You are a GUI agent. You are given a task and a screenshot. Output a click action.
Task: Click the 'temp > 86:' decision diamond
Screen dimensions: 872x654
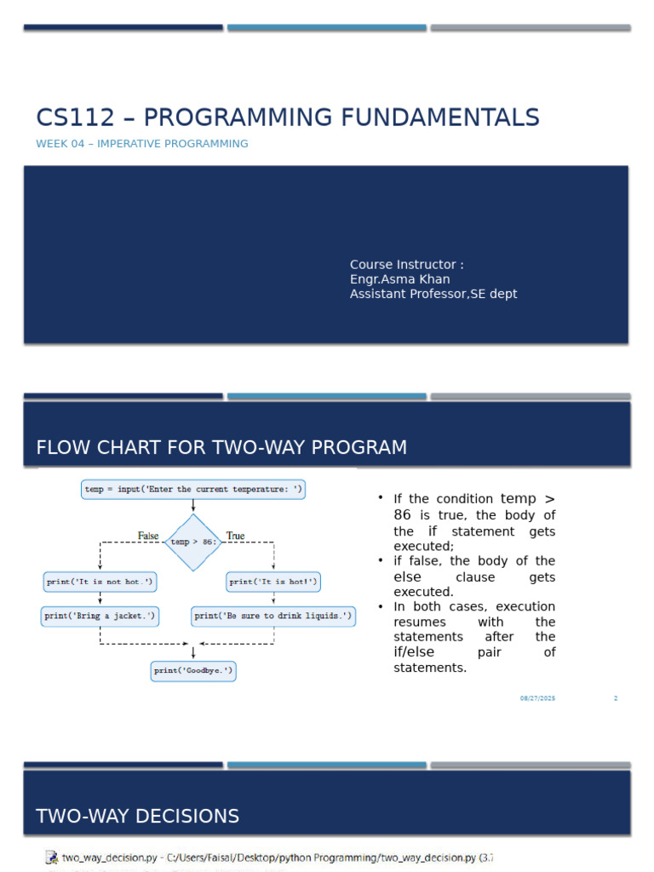(x=193, y=542)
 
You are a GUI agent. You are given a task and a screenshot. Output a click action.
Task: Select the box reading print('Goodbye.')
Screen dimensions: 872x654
(x=193, y=671)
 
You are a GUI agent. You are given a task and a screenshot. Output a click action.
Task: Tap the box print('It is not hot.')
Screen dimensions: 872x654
(x=100, y=582)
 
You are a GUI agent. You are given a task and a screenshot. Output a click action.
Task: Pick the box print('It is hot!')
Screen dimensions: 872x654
(x=273, y=582)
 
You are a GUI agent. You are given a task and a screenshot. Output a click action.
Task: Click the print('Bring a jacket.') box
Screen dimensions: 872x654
(x=100, y=615)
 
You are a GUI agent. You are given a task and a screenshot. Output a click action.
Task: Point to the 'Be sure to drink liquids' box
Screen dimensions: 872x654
(x=273, y=615)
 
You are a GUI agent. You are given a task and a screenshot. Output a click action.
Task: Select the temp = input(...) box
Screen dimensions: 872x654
(x=193, y=490)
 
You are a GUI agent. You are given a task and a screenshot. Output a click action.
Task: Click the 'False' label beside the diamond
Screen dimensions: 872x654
(x=148, y=536)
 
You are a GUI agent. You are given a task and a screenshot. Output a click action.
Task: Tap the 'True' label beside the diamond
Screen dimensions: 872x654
(x=235, y=536)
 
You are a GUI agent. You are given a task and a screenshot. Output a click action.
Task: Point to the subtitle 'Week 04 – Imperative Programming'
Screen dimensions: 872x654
(x=142, y=144)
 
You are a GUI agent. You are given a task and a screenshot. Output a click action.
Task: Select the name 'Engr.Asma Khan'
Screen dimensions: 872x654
(x=399, y=279)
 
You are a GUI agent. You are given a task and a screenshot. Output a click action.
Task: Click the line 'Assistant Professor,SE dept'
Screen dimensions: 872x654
(x=433, y=294)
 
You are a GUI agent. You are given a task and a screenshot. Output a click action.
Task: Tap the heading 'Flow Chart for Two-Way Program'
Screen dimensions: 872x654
(x=221, y=447)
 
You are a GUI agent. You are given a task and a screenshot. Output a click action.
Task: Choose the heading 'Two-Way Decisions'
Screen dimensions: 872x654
(x=137, y=817)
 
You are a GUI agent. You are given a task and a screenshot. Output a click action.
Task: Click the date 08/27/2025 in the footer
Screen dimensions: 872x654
(x=537, y=698)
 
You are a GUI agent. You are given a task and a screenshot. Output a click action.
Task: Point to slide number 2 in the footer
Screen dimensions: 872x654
(x=615, y=698)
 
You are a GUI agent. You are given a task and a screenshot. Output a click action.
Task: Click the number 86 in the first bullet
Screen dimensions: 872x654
(x=403, y=515)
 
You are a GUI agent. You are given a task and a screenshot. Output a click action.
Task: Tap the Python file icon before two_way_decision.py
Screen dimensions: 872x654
(x=51, y=858)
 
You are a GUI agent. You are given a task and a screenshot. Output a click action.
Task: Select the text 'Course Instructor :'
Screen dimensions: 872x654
(x=406, y=265)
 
